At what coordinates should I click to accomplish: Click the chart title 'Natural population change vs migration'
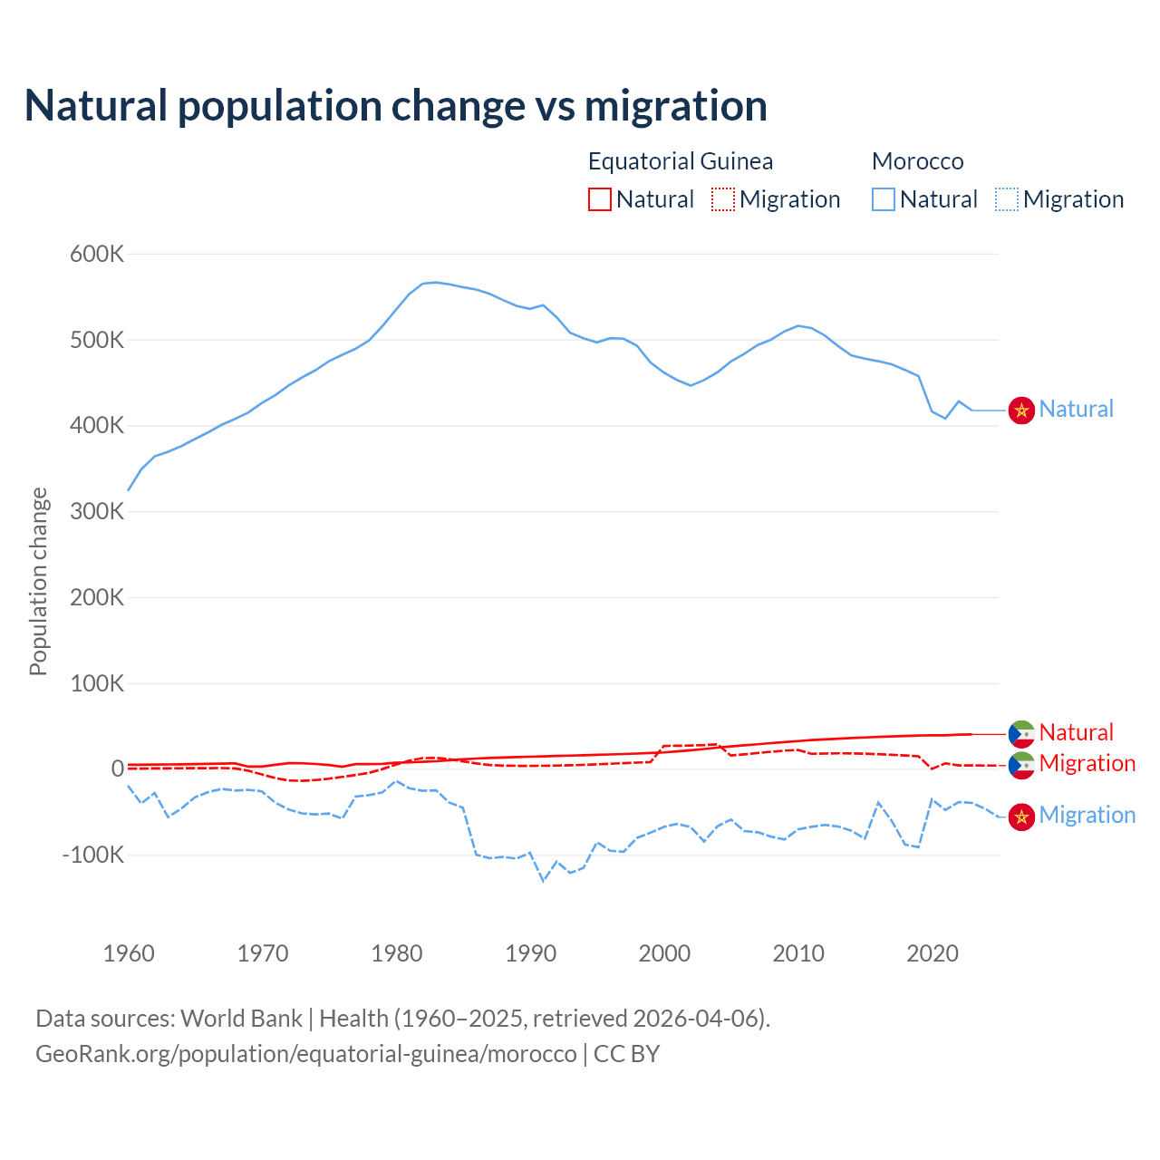point(396,106)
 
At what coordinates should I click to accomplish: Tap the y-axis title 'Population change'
point(38,581)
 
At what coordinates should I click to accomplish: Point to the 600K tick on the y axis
point(97,254)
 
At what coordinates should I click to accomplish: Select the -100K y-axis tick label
point(92,855)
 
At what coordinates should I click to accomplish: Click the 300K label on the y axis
point(97,511)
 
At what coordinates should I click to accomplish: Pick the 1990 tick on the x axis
point(530,953)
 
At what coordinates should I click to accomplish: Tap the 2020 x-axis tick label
point(933,953)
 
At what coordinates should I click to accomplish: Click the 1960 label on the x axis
point(129,953)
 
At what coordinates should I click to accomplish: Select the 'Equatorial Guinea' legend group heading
point(681,161)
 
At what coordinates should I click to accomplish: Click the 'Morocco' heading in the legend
point(917,161)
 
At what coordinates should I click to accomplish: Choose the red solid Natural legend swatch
point(600,199)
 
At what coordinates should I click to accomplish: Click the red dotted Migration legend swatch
point(723,199)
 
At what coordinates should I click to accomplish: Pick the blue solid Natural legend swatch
point(884,199)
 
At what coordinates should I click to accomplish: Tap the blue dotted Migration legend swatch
point(1007,199)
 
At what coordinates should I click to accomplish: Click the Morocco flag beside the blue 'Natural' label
point(1021,410)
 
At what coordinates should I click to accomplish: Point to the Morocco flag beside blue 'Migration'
point(1021,817)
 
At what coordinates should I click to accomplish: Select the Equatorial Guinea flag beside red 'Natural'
point(1021,733)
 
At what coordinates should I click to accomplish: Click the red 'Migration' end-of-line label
point(1087,763)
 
